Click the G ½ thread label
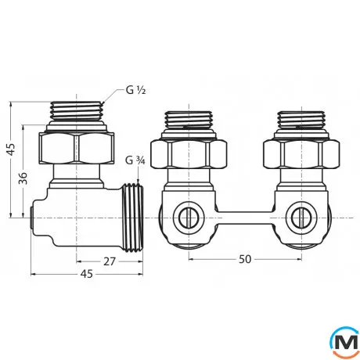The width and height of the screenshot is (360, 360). point(136,90)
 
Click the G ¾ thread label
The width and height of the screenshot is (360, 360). point(135,161)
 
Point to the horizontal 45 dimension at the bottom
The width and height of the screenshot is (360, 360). point(87,274)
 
